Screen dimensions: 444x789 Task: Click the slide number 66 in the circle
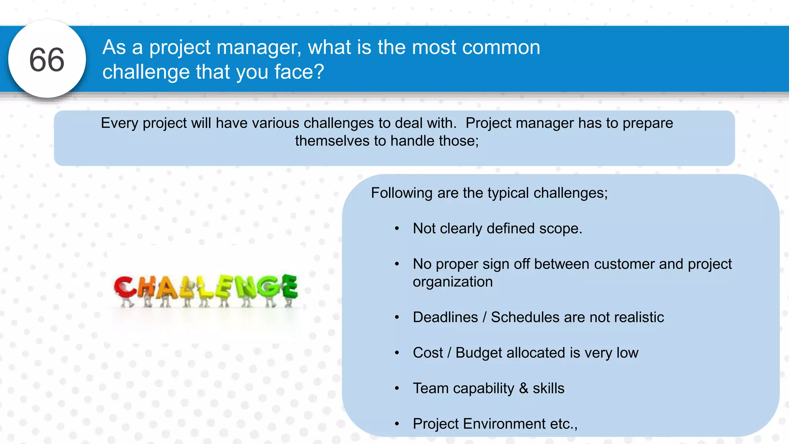pyautogui.click(x=47, y=60)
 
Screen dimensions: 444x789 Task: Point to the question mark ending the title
pyautogui.click(x=319, y=72)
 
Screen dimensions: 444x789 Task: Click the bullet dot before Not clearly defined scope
pyautogui.click(x=397, y=229)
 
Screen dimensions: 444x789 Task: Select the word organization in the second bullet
pyautogui.click(x=453, y=282)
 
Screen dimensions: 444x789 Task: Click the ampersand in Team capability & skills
pyautogui.click(x=523, y=388)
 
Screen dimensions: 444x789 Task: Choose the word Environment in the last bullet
pyautogui.click(x=504, y=424)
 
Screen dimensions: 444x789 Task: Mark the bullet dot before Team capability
pyautogui.click(x=397, y=388)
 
